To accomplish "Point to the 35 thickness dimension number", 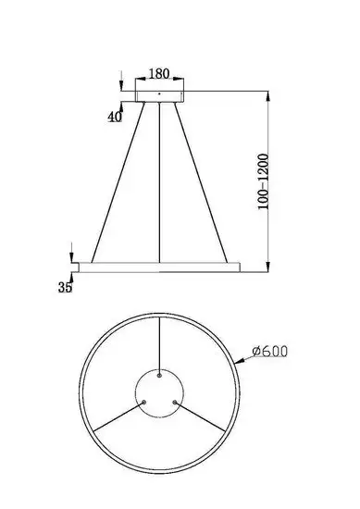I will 66,289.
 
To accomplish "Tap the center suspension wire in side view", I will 161,185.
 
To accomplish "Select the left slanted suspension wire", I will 118,185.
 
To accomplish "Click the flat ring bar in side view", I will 160,267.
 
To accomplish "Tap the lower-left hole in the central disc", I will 145,401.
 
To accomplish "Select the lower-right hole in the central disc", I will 176,401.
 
